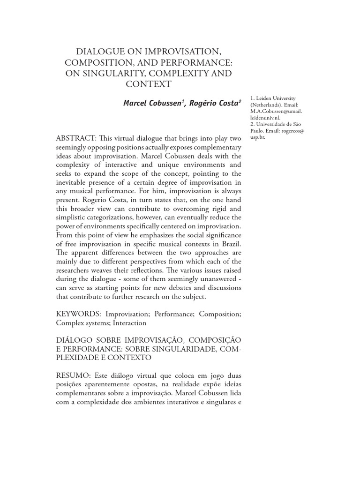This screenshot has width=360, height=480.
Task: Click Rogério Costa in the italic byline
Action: [x=213, y=103]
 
